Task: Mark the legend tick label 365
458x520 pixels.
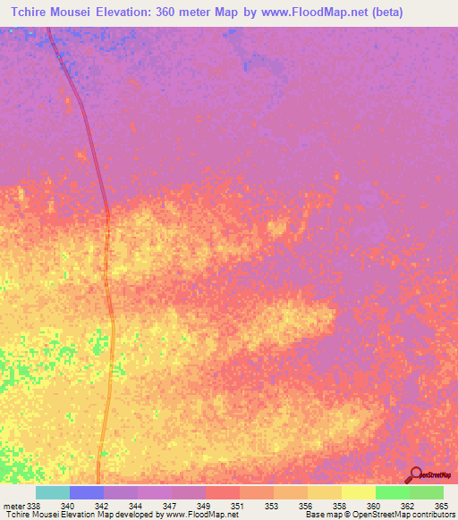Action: [x=441, y=506]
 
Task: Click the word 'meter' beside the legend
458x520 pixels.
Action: [x=13, y=506]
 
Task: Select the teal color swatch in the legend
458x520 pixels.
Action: [x=53, y=492]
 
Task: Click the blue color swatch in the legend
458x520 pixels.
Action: [x=87, y=492]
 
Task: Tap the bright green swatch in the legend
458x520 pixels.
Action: [x=392, y=492]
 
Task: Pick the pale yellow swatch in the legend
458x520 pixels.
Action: [x=358, y=492]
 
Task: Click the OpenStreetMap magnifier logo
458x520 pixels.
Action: [x=415, y=474]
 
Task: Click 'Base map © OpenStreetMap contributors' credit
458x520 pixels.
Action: [x=378, y=516]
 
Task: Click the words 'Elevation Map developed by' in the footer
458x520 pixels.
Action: [x=106, y=516]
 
